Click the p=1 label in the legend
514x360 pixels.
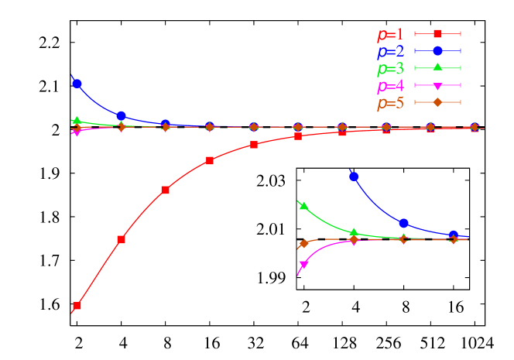point(390,34)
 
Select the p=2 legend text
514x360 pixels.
point(390,52)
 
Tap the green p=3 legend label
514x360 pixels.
point(390,69)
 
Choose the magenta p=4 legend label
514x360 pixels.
point(390,86)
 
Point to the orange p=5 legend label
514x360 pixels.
point(390,103)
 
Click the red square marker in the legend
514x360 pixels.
point(437,33)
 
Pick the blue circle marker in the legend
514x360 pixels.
point(437,50)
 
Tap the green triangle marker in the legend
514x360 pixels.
point(437,67)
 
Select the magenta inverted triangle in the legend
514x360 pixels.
point(437,85)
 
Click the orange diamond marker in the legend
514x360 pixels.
point(437,102)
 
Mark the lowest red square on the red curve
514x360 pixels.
point(77,306)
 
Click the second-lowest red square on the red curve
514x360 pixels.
point(121,240)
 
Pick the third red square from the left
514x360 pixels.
point(165,190)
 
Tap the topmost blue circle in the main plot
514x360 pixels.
point(77,83)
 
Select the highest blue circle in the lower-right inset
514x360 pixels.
point(354,177)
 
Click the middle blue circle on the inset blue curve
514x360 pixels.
point(403,223)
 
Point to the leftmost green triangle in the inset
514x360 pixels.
point(303,206)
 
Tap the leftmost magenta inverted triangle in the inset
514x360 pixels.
point(303,265)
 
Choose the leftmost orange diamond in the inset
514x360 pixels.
point(303,243)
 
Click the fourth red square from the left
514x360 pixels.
point(210,160)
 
